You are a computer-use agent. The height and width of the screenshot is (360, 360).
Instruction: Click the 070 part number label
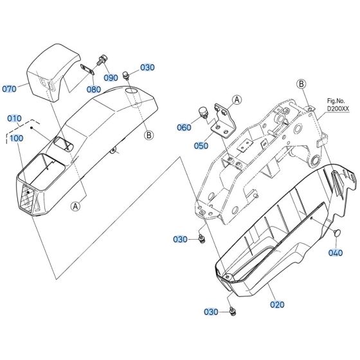click(x=10, y=89)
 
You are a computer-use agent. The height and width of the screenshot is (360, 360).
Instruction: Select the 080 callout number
click(x=93, y=90)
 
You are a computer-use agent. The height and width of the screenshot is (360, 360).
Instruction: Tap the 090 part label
click(x=111, y=77)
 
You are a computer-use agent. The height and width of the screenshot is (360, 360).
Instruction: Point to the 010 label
click(x=14, y=119)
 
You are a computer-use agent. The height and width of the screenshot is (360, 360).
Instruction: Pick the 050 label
click(x=201, y=146)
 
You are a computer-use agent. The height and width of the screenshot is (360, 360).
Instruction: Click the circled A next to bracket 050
click(x=237, y=100)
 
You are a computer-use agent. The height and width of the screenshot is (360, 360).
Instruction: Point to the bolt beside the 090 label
click(x=101, y=62)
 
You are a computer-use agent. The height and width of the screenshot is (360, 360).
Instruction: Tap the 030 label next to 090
click(x=147, y=67)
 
